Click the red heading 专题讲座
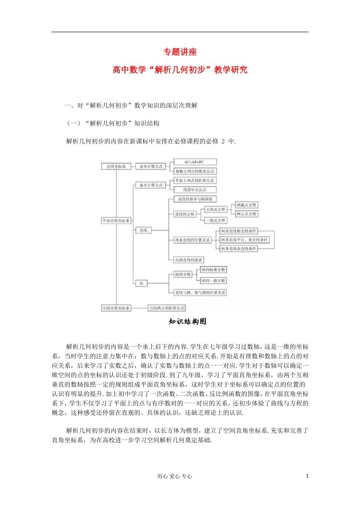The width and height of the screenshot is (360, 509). [x=180, y=52]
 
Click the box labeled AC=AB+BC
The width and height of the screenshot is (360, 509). [x=195, y=162]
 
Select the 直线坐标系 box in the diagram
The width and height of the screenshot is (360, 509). [x=116, y=166]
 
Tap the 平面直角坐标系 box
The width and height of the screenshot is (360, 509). [x=116, y=220]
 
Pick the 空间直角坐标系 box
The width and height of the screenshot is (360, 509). [x=116, y=308]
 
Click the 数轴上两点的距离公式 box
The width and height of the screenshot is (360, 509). [x=195, y=171]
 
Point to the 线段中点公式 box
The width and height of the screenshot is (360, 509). [x=195, y=190]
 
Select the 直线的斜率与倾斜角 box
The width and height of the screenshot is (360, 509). [x=195, y=199]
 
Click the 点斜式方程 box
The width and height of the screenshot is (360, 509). [x=215, y=209]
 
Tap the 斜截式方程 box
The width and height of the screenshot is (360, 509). [x=246, y=205]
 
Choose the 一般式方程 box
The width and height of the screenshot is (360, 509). [x=215, y=220]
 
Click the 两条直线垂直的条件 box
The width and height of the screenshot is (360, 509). [x=239, y=249]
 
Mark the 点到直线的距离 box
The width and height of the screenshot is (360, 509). [x=188, y=260]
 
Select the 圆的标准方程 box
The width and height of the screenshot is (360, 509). [x=213, y=270]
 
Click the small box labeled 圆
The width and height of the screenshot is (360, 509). [x=141, y=283]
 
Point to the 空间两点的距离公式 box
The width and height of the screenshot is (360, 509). [x=167, y=308]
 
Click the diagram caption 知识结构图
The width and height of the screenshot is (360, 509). [x=188, y=322]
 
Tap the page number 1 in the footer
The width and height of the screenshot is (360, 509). [x=307, y=476]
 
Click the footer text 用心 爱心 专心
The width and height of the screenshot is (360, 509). [x=174, y=476]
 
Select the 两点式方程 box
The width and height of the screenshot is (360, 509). [x=246, y=214]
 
